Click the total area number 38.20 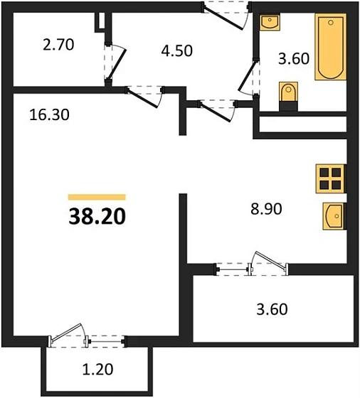point(97,215)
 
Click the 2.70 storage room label point(58,44)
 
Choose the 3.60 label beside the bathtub point(293,58)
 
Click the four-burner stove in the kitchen point(329,178)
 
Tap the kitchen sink point(333,215)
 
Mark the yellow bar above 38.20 point(97,196)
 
